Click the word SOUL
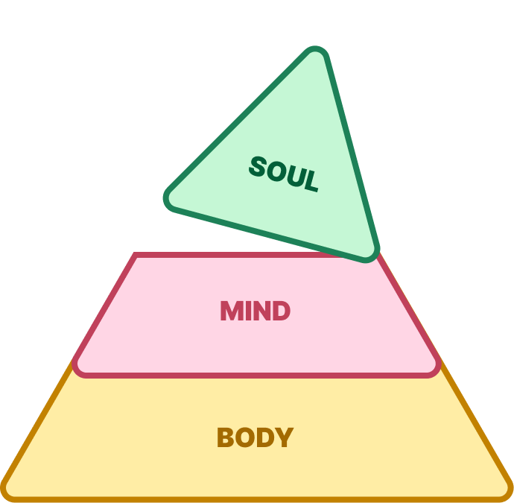[x=283, y=174]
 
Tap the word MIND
[x=255, y=311]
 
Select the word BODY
[x=255, y=437]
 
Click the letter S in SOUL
[x=257, y=166]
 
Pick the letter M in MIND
[x=232, y=311]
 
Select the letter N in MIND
[x=261, y=311]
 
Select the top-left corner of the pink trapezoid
[x=136, y=256]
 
